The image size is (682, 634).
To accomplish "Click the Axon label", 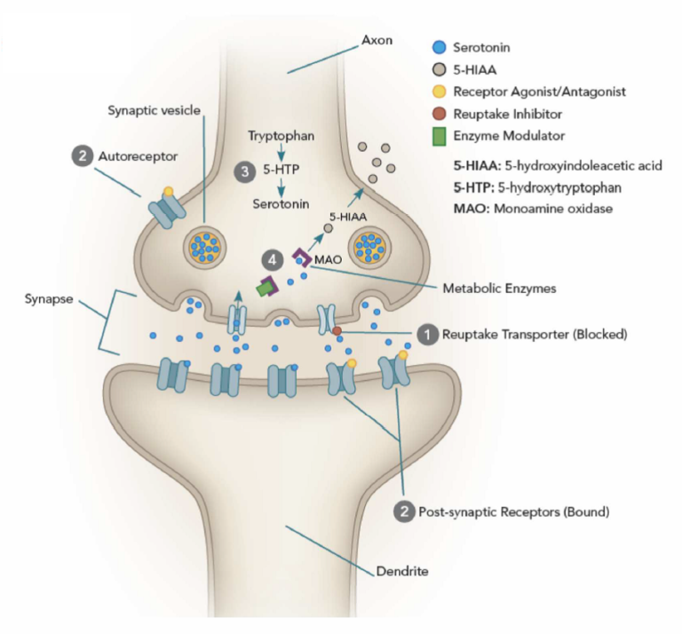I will pos(375,40).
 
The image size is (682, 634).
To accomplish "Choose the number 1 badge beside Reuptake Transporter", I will pos(427,335).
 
